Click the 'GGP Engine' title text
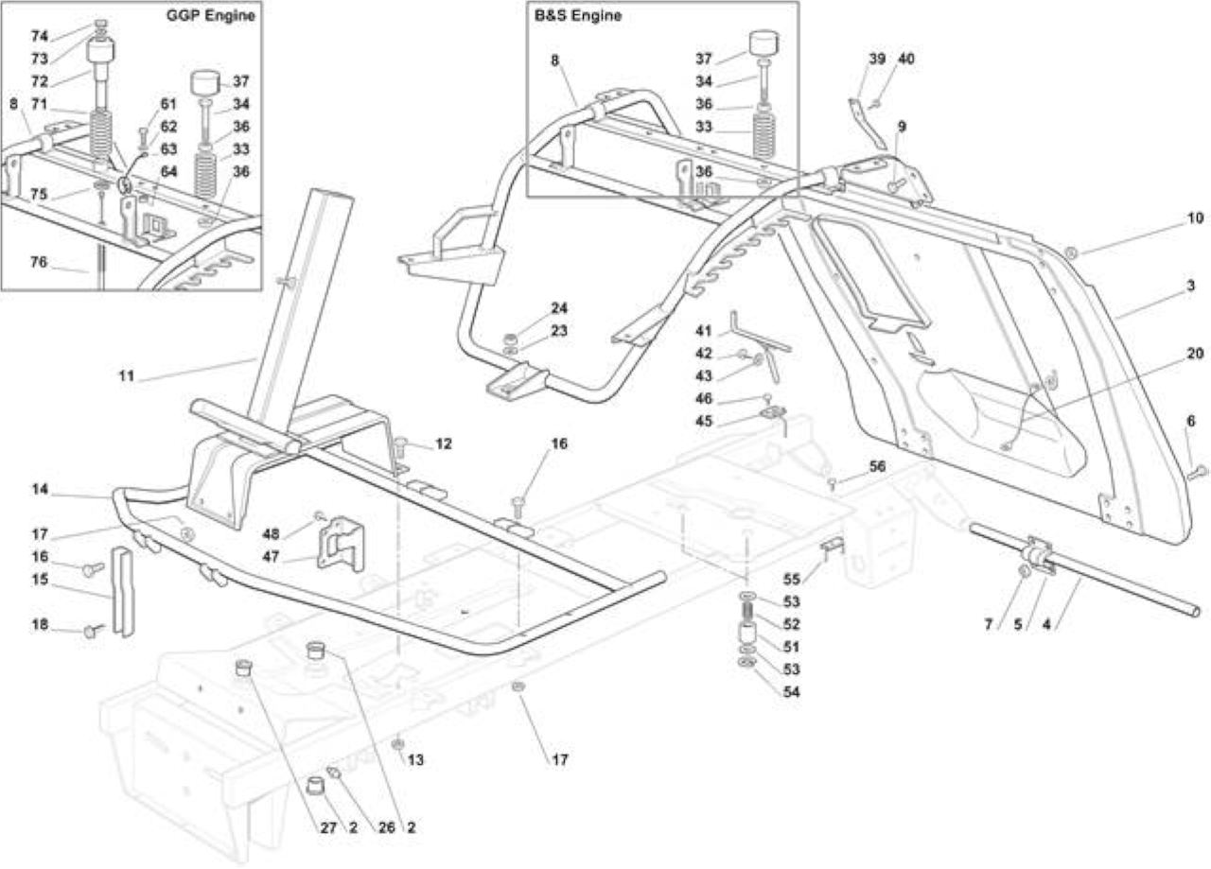210,15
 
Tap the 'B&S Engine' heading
578,15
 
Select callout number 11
127,375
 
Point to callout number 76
39,262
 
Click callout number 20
1195,354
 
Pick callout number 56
877,466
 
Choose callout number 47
271,557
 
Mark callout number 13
415,760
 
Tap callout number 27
328,827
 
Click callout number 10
1195,217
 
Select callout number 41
704,331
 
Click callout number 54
792,692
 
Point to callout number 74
40,36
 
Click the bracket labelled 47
342,545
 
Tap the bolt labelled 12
400,448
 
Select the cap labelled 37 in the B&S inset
763,43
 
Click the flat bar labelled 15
122,593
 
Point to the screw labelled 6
1197,472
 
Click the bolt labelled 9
896,184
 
